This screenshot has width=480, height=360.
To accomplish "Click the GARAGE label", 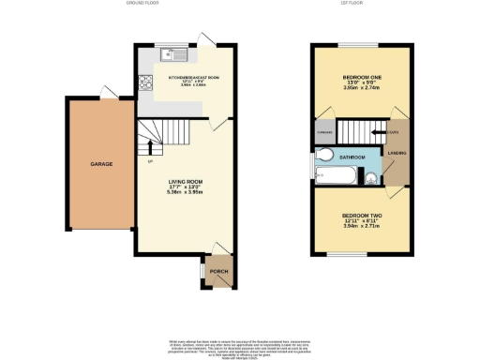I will click(101, 164).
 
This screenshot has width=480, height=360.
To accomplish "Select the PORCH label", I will click(217, 272).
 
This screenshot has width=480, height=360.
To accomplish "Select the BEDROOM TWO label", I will click(359, 215).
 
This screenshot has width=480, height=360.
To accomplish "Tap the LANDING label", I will click(396, 154).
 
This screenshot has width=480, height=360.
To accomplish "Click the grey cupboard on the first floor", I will click(324, 133).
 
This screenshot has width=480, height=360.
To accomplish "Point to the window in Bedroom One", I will click(352, 44).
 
